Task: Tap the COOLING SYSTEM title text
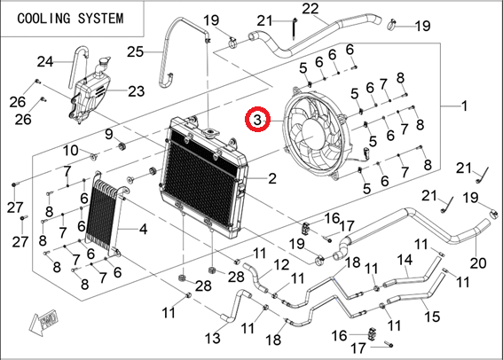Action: (70, 19)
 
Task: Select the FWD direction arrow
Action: (43, 322)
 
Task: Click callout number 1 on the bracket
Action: (464, 106)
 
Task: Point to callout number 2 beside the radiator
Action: (272, 178)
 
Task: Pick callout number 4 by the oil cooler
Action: (143, 229)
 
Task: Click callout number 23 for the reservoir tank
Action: (137, 91)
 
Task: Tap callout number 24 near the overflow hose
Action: (45, 61)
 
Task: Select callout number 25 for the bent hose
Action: (136, 51)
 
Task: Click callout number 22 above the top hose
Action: (310, 9)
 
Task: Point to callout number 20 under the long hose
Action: (478, 263)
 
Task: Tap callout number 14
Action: (405, 260)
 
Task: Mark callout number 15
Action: (432, 316)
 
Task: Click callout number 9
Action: (109, 134)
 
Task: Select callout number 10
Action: (70, 150)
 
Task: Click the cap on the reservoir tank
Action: (105, 62)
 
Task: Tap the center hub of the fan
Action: (312, 134)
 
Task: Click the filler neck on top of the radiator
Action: (210, 133)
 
